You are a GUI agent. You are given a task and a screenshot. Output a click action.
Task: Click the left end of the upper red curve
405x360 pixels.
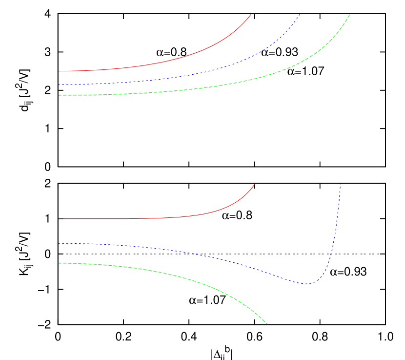(x=59, y=71)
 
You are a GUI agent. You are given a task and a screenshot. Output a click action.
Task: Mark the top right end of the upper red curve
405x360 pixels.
(x=251, y=14)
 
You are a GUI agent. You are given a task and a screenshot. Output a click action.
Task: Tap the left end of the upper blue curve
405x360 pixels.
(x=59, y=85)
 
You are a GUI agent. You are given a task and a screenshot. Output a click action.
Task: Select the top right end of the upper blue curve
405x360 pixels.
(x=300, y=14)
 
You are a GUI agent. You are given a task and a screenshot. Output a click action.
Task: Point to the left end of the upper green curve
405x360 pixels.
(x=59, y=95)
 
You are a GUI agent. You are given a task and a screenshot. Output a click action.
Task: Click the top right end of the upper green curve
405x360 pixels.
(x=350, y=14)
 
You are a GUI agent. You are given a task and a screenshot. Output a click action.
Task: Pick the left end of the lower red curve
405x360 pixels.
(x=59, y=219)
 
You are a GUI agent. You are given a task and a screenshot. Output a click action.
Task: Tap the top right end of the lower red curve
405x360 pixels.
(x=255, y=184)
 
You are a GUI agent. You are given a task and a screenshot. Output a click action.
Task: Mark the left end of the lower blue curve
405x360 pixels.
(x=59, y=243)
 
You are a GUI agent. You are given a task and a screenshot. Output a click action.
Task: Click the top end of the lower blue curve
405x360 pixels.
(x=340, y=184)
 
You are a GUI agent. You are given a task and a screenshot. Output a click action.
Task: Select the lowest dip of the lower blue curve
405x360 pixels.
(x=307, y=284)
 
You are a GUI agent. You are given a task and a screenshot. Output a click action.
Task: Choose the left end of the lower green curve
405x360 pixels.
(x=59, y=263)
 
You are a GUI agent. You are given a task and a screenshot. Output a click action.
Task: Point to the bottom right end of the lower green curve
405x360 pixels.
(x=267, y=323)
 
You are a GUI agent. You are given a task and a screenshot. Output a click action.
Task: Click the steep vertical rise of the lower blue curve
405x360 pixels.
(x=336, y=230)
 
